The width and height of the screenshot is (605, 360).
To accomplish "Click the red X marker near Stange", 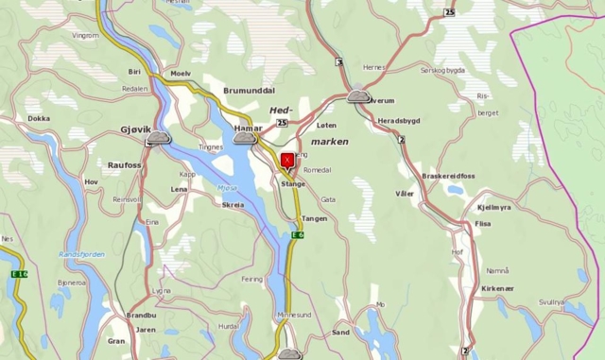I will (x=287, y=161).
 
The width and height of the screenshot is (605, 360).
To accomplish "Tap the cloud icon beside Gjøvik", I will (x=158, y=139).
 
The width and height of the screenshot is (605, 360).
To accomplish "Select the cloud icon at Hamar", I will (x=245, y=139).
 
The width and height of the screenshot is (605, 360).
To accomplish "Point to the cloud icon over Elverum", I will (x=358, y=95).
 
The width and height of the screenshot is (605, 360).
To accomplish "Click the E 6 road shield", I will (x=297, y=234).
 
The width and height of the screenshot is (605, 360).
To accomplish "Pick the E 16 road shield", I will (x=18, y=274).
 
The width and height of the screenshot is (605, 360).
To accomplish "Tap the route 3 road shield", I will (x=338, y=62).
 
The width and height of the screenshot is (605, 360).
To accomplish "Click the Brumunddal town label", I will (x=249, y=91).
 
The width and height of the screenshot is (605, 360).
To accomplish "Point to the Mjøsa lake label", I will (x=227, y=187).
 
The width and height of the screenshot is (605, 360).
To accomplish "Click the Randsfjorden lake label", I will (x=81, y=254).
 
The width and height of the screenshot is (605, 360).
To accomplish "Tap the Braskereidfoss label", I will (x=448, y=176).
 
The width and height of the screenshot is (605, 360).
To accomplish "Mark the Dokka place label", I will (x=39, y=119).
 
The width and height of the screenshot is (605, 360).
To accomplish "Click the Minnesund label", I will (x=293, y=315).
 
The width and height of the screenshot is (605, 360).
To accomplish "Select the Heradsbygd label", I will (x=399, y=121).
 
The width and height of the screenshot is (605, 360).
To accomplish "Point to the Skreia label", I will (x=232, y=204).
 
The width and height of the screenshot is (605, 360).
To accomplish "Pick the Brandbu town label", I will (x=141, y=315).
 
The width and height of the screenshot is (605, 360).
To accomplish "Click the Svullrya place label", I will (x=551, y=301).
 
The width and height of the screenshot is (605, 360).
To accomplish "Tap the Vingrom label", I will (x=85, y=36).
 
